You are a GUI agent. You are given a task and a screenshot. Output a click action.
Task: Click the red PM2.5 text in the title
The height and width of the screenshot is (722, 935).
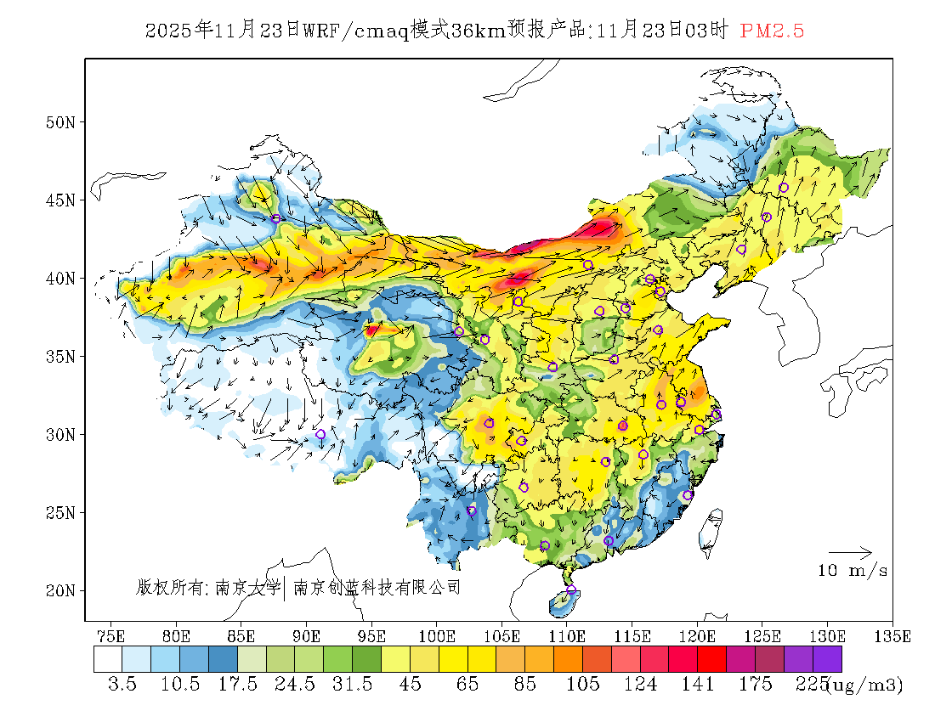pos(772,31)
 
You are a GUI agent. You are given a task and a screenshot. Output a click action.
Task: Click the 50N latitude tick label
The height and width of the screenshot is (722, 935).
pos(60,122)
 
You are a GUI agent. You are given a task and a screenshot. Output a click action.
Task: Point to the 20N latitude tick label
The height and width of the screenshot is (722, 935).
pos(60,590)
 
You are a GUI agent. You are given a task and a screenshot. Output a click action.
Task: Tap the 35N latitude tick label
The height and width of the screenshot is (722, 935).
pos(60,356)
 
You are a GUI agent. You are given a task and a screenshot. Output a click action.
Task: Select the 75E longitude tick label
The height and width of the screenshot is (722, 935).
pos(110,635)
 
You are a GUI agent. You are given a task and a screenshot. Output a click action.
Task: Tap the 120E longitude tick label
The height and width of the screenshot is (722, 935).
pos(697,635)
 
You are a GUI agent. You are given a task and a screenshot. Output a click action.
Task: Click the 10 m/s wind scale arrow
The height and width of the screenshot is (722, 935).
pos(850,553)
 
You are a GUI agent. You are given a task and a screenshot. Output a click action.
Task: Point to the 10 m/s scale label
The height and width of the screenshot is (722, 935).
pos(853,571)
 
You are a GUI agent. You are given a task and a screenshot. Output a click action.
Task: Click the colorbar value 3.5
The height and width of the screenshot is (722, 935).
pos(122,685)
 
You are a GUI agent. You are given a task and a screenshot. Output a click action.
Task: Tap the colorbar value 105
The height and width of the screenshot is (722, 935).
pos(583,685)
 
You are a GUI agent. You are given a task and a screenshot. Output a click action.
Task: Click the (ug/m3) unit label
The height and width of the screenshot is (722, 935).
pos(864,685)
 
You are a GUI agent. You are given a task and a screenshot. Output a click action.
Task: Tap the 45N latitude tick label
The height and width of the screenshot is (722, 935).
pos(60,200)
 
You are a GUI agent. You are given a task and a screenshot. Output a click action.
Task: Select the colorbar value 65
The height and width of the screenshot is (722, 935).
pos(467,685)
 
